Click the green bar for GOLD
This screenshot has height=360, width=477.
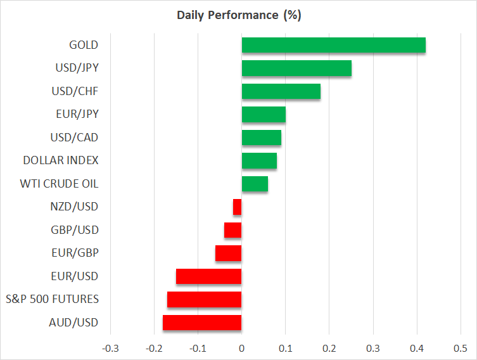[x=333, y=46]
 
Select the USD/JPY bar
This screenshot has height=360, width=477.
[x=296, y=68]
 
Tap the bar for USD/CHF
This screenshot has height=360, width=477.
[x=281, y=91]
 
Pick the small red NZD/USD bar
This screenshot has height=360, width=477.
[x=238, y=207]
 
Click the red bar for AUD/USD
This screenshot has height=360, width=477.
[x=202, y=323]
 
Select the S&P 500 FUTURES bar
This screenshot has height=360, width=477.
[x=204, y=299]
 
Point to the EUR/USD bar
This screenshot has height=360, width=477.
[x=208, y=276]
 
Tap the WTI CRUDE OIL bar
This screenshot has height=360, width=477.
[x=255, y=184]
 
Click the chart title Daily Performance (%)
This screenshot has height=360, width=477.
[x=238, y=15]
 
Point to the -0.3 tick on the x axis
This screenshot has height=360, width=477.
[x=110, y=348]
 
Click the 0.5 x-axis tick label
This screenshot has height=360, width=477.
[x=461, y=348]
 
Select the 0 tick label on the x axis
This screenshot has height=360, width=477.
[x=241, y=348]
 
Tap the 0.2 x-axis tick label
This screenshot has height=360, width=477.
[x=329, y=348]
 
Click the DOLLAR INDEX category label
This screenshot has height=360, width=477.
[x=61, y=160]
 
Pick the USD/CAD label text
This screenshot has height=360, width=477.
[x=74, y=138]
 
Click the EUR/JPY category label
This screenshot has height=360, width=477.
[x=77, y=114]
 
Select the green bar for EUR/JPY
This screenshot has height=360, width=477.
[x=264, y=115]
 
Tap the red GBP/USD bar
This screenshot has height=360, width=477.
[x=233, y=230]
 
